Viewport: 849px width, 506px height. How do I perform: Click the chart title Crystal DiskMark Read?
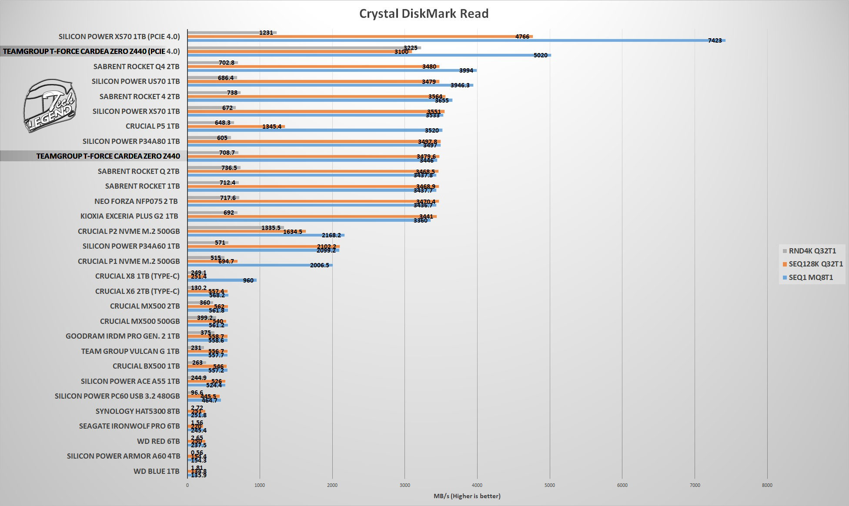424,14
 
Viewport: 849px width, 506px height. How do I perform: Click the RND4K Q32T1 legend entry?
812,251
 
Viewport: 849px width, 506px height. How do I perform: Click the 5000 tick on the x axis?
550,485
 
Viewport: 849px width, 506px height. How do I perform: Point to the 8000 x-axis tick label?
767,485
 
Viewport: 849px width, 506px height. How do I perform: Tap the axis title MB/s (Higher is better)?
467,496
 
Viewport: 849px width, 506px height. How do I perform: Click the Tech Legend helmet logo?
50,106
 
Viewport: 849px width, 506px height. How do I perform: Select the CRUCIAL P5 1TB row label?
152,126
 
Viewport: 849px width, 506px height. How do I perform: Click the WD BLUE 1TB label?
157,471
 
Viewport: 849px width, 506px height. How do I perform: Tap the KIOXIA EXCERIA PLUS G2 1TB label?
129,216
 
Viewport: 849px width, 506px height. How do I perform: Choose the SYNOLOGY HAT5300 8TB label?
137,411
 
